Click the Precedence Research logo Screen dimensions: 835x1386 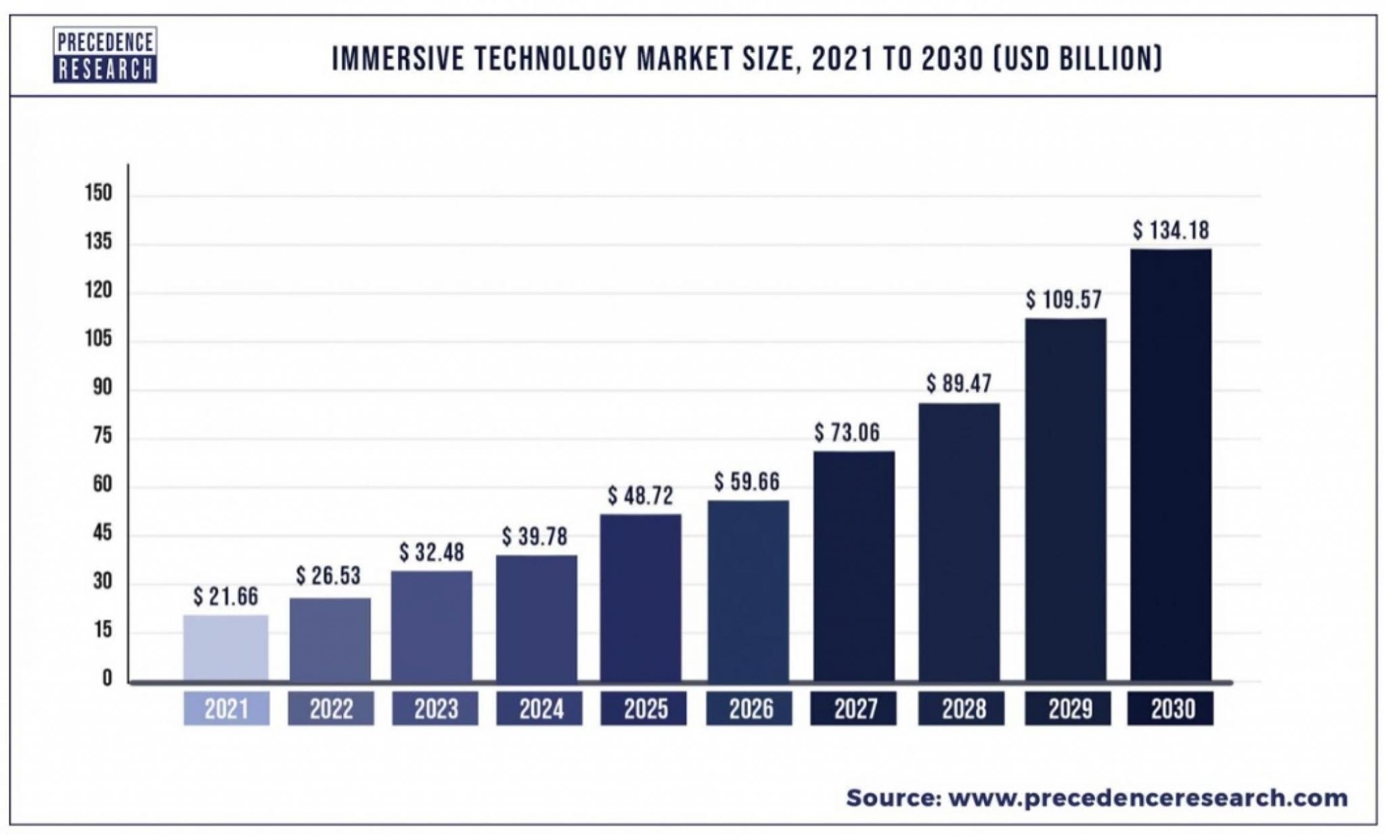click(105, 55)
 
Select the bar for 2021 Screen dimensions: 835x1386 click(225, 648)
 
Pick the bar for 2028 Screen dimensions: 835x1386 click(959, 542)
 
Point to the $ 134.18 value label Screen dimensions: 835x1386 click(1171, 231)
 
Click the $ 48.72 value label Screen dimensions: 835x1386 click(640, 496)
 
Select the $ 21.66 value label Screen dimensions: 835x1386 click(225, 597)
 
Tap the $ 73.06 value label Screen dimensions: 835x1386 click(847, 432)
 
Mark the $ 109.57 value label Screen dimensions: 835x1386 click(1064, 299)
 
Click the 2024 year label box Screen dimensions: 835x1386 click(539, 709)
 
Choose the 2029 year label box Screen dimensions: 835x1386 click(1067, 709)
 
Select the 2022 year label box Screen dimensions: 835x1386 click(330, 709)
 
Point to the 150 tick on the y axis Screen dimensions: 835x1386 click(98, 194)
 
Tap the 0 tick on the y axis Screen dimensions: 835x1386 click(107, 679)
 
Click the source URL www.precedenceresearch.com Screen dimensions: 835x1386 click(1148, 798)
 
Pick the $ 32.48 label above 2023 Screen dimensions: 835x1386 click(432, 553)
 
